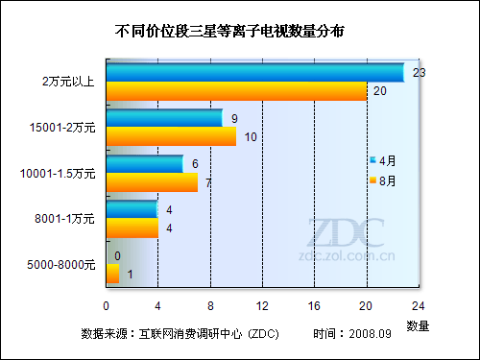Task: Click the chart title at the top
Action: pos(229,32)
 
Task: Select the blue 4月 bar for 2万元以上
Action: pos(254,72)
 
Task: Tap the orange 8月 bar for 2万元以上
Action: pos(236,91)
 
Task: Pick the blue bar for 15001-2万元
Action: pos(164,118)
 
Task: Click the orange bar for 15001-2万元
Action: pos(171,136)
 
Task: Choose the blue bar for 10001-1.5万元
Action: pos(145,164)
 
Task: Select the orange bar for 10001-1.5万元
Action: pos(152,182)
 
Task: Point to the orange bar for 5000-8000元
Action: pos(112,275)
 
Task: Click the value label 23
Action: pos(419,73)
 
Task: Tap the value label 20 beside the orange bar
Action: pos(380,92)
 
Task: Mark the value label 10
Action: pos(250,137)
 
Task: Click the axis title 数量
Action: pos(418,326)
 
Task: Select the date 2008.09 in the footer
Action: pos(372,334)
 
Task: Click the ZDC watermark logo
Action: pos(346,233)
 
